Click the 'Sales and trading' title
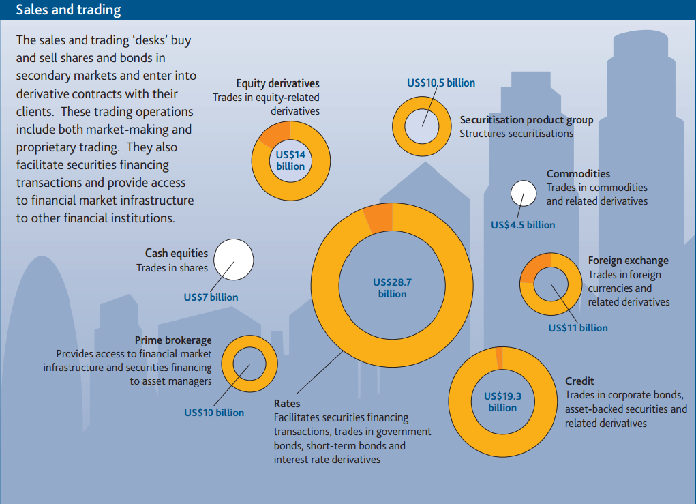point(68,10)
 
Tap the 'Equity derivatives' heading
point(277,83)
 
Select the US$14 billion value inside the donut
point(291,160)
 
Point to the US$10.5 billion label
point(441,83)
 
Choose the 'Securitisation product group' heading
point(526,120)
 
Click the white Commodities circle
point(524,193)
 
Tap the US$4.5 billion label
point(523,225)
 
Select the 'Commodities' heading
point(578,174)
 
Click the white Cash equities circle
point(234,260)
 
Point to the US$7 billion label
point(211,297)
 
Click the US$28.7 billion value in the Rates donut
point(392,288)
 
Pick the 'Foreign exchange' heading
point(628,261)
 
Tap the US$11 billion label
point(578,328)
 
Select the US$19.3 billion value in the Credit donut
point(502,402)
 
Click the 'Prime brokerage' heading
point(173,340)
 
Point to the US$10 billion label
point(214,413)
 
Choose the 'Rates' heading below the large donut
point(287,404)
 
